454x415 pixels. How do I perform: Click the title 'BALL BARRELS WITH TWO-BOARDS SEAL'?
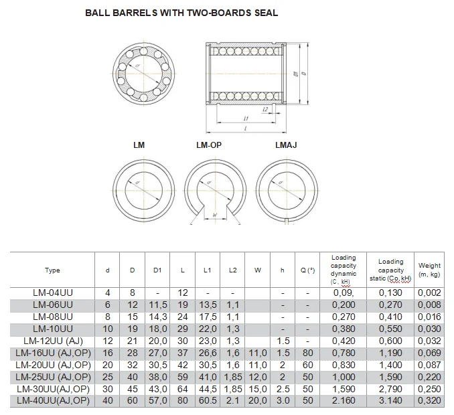[x=181, y=13]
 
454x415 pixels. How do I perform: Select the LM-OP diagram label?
[x=209, y=145]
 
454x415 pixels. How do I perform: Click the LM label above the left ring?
[x=139, y=145]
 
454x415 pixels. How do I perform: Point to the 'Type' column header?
[x=52, y=270]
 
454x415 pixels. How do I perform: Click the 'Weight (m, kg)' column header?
[x=429, y=270]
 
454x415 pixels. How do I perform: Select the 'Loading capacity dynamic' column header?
[x=344, y=270]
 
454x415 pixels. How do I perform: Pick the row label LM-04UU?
[x=52, y=293]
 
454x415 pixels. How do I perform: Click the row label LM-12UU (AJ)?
[x=52, y=340]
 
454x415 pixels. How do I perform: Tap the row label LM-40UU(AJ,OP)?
[x=52, y=400]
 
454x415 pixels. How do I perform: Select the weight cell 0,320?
[x=429, y=400]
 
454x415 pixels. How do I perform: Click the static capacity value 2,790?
[x=390, y=388]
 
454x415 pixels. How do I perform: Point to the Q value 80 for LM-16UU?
[x=307, y=352]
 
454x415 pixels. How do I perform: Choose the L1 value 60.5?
[x=207, y=400]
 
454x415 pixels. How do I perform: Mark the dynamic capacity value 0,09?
[x=344, y=293]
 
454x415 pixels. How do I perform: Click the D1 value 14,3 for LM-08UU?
[x=157, y=317]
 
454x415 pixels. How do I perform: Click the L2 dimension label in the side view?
[x=265, y=109]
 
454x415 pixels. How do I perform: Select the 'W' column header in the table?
[x=257, y=270]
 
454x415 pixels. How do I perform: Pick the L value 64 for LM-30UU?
[x=183, y=388]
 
